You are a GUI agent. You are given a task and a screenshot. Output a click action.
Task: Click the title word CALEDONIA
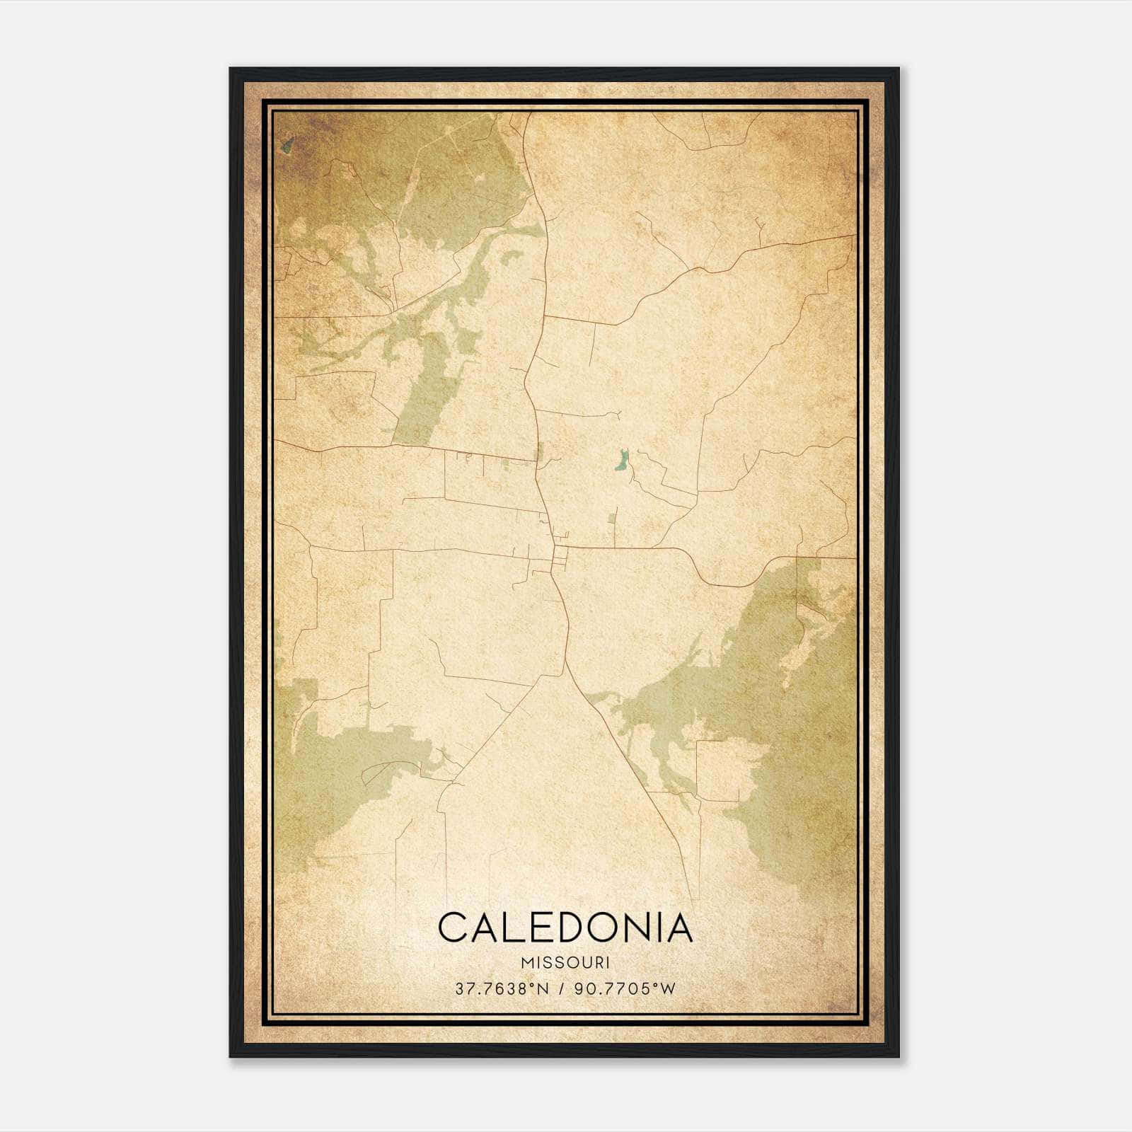pyautogui.click(x=565, y=927)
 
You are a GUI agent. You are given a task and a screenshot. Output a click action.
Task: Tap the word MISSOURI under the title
pyautogui.click(x=565, y=963)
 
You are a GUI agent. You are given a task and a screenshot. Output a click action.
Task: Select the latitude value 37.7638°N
pyautogui.click(x=502, y=988)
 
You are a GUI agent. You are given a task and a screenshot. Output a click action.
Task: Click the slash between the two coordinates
pyautogui.click(x=562, y=988)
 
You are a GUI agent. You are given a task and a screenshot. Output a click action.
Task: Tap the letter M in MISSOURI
pyautogui.click(x=526, y=963)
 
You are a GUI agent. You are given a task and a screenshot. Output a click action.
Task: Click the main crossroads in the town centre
pyautogui.click(x=555, y=546)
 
